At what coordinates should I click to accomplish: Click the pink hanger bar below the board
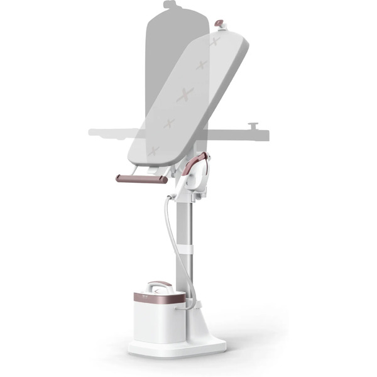(x=141, y=178)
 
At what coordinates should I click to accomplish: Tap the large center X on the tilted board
(x=186, y=96)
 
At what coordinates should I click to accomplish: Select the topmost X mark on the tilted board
(x=215, y=42)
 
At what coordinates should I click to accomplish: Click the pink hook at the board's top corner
(x=221, y=24)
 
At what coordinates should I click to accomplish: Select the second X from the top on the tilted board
(x=202, y=65)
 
